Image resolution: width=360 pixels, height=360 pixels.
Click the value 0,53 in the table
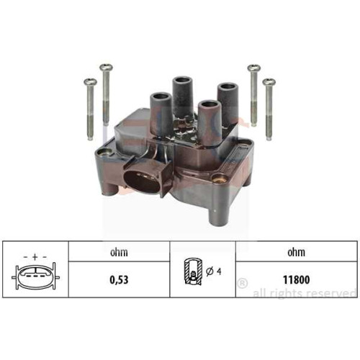[x=119, y=280]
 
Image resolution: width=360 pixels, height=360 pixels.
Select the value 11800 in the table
[x=297, y=279]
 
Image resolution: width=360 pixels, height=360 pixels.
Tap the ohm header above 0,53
[x=119, y=252]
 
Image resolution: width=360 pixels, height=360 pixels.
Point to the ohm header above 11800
[x=297, y=252]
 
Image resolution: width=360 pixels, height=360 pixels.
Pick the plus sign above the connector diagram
[x=35, y=257]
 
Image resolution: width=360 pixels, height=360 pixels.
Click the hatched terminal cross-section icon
[x=193, y=271]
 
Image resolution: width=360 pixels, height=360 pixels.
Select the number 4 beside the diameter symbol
[x=219, y=271]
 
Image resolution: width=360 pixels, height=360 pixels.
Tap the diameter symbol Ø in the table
[x=210, y=271]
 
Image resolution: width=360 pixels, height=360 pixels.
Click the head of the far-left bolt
[x=90, y=82]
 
